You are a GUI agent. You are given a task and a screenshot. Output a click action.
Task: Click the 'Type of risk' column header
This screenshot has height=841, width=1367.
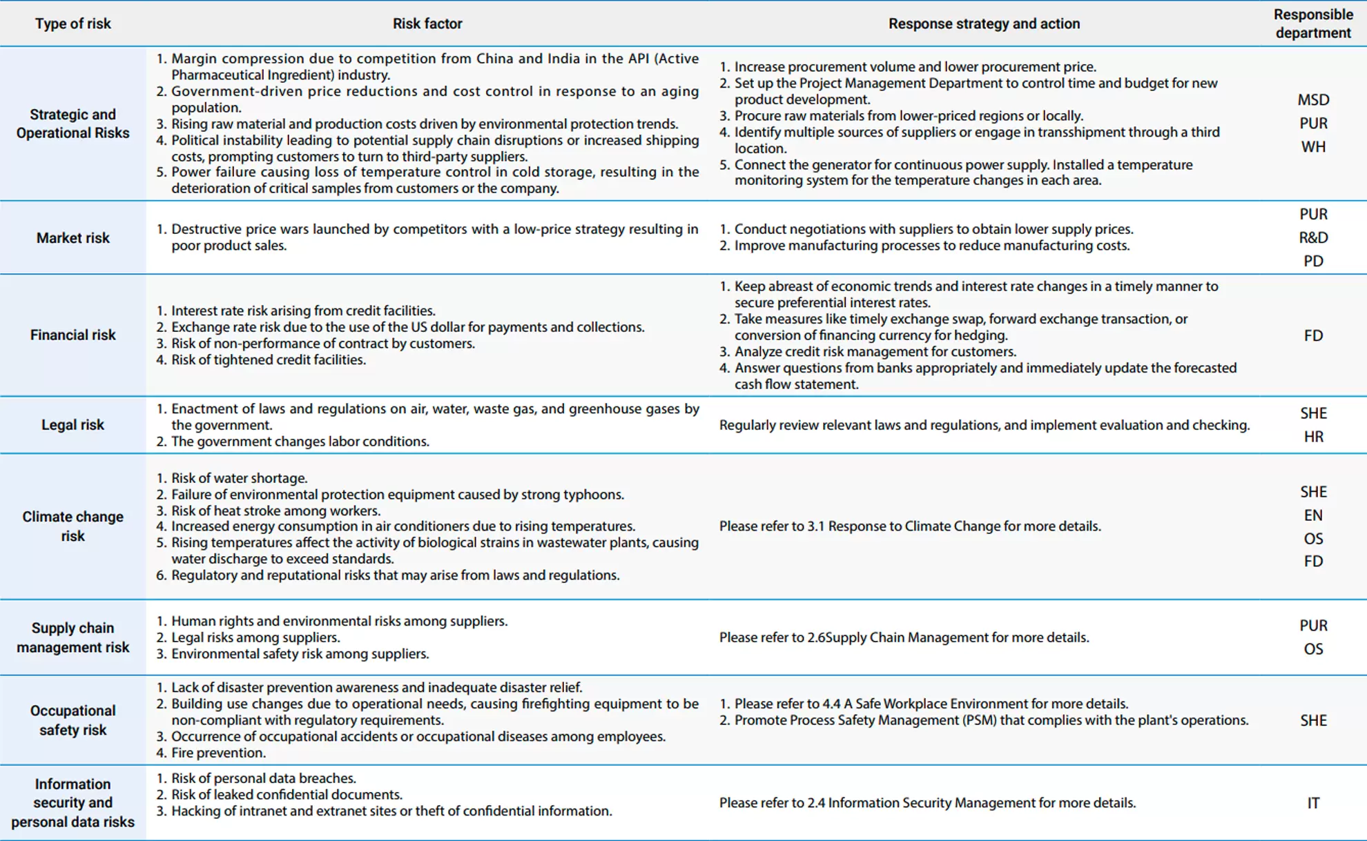pos(72,23)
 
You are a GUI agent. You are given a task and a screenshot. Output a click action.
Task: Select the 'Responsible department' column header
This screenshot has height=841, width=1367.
pos(1312,23)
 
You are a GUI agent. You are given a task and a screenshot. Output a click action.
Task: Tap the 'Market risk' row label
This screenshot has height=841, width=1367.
pos(72,238)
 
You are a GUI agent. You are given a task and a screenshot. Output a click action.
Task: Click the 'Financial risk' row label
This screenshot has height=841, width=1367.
pos(72,335)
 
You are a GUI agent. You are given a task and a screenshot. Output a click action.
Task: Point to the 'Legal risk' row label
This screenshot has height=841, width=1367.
pos(72,425)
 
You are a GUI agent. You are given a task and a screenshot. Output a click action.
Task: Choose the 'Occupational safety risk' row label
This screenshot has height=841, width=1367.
pos(72,720)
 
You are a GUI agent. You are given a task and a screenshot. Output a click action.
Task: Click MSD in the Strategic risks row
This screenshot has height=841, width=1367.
pos(1312,100)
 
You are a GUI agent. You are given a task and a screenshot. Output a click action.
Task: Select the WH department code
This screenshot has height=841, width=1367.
pos(1312,147)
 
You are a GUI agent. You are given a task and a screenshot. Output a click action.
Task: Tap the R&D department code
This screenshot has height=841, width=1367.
pos(1312,238)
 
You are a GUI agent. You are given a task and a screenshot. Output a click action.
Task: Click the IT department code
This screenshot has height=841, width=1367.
pos(1312,803)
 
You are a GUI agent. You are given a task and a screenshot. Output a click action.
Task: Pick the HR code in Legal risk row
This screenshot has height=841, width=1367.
pos(1312,437)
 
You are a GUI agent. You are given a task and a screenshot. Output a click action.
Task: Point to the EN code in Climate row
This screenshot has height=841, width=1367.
pos(1312,515)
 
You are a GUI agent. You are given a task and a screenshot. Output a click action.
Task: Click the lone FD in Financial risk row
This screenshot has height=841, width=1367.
pos(1312,336)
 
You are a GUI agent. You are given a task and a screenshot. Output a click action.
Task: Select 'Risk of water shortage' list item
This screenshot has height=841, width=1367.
pos(239,478)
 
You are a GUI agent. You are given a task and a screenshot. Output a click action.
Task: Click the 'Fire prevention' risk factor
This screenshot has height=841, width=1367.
pos(218,753)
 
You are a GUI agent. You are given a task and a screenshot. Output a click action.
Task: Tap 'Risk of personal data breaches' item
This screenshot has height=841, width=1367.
pos(263,778)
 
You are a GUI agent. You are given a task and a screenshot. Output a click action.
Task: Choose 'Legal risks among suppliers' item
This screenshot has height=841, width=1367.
pos(255,637)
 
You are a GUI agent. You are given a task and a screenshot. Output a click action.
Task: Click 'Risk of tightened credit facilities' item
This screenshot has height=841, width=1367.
pos(268,360)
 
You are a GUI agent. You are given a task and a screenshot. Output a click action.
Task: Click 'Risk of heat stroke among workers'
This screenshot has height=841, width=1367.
pos(275,511)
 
